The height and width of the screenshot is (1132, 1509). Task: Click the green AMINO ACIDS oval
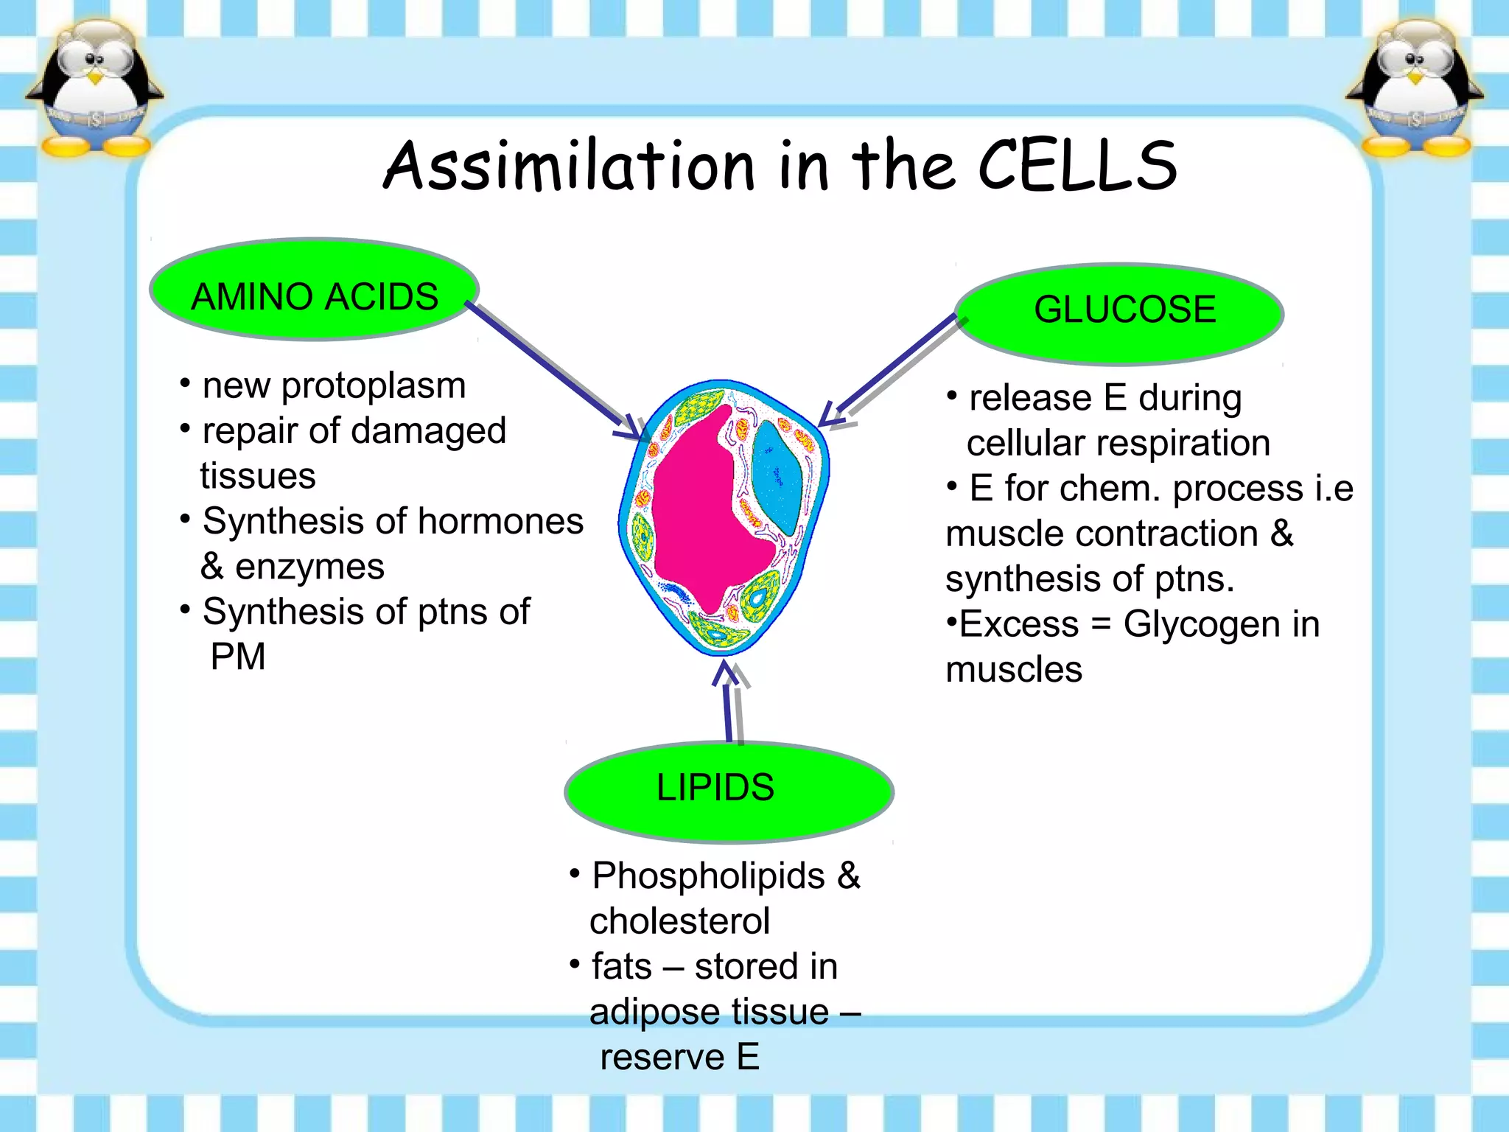point(315,290)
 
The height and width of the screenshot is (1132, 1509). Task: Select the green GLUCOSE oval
point(1119,314)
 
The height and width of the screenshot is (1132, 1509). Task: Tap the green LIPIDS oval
point(729,792)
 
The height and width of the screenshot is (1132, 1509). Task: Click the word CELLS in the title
point(1077,167)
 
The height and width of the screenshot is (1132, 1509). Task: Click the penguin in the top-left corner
point(94,88)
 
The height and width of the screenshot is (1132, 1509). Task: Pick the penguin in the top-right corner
point(1414,88)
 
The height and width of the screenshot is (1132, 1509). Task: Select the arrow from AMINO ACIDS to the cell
point(553,368)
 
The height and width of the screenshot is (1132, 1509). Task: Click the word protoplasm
point(374,386)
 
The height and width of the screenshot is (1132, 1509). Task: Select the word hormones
point(500,522)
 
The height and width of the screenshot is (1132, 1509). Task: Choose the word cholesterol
point(679,921)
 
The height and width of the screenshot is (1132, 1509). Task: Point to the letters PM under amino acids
point(237,657)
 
